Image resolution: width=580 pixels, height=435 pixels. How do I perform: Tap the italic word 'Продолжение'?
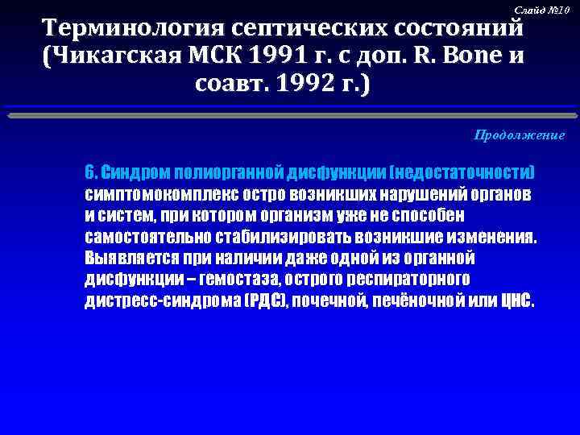coord(519,135)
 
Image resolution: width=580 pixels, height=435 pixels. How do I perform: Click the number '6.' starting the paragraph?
coord(91,173)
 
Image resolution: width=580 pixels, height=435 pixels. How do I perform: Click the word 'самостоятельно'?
coord(147,238)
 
